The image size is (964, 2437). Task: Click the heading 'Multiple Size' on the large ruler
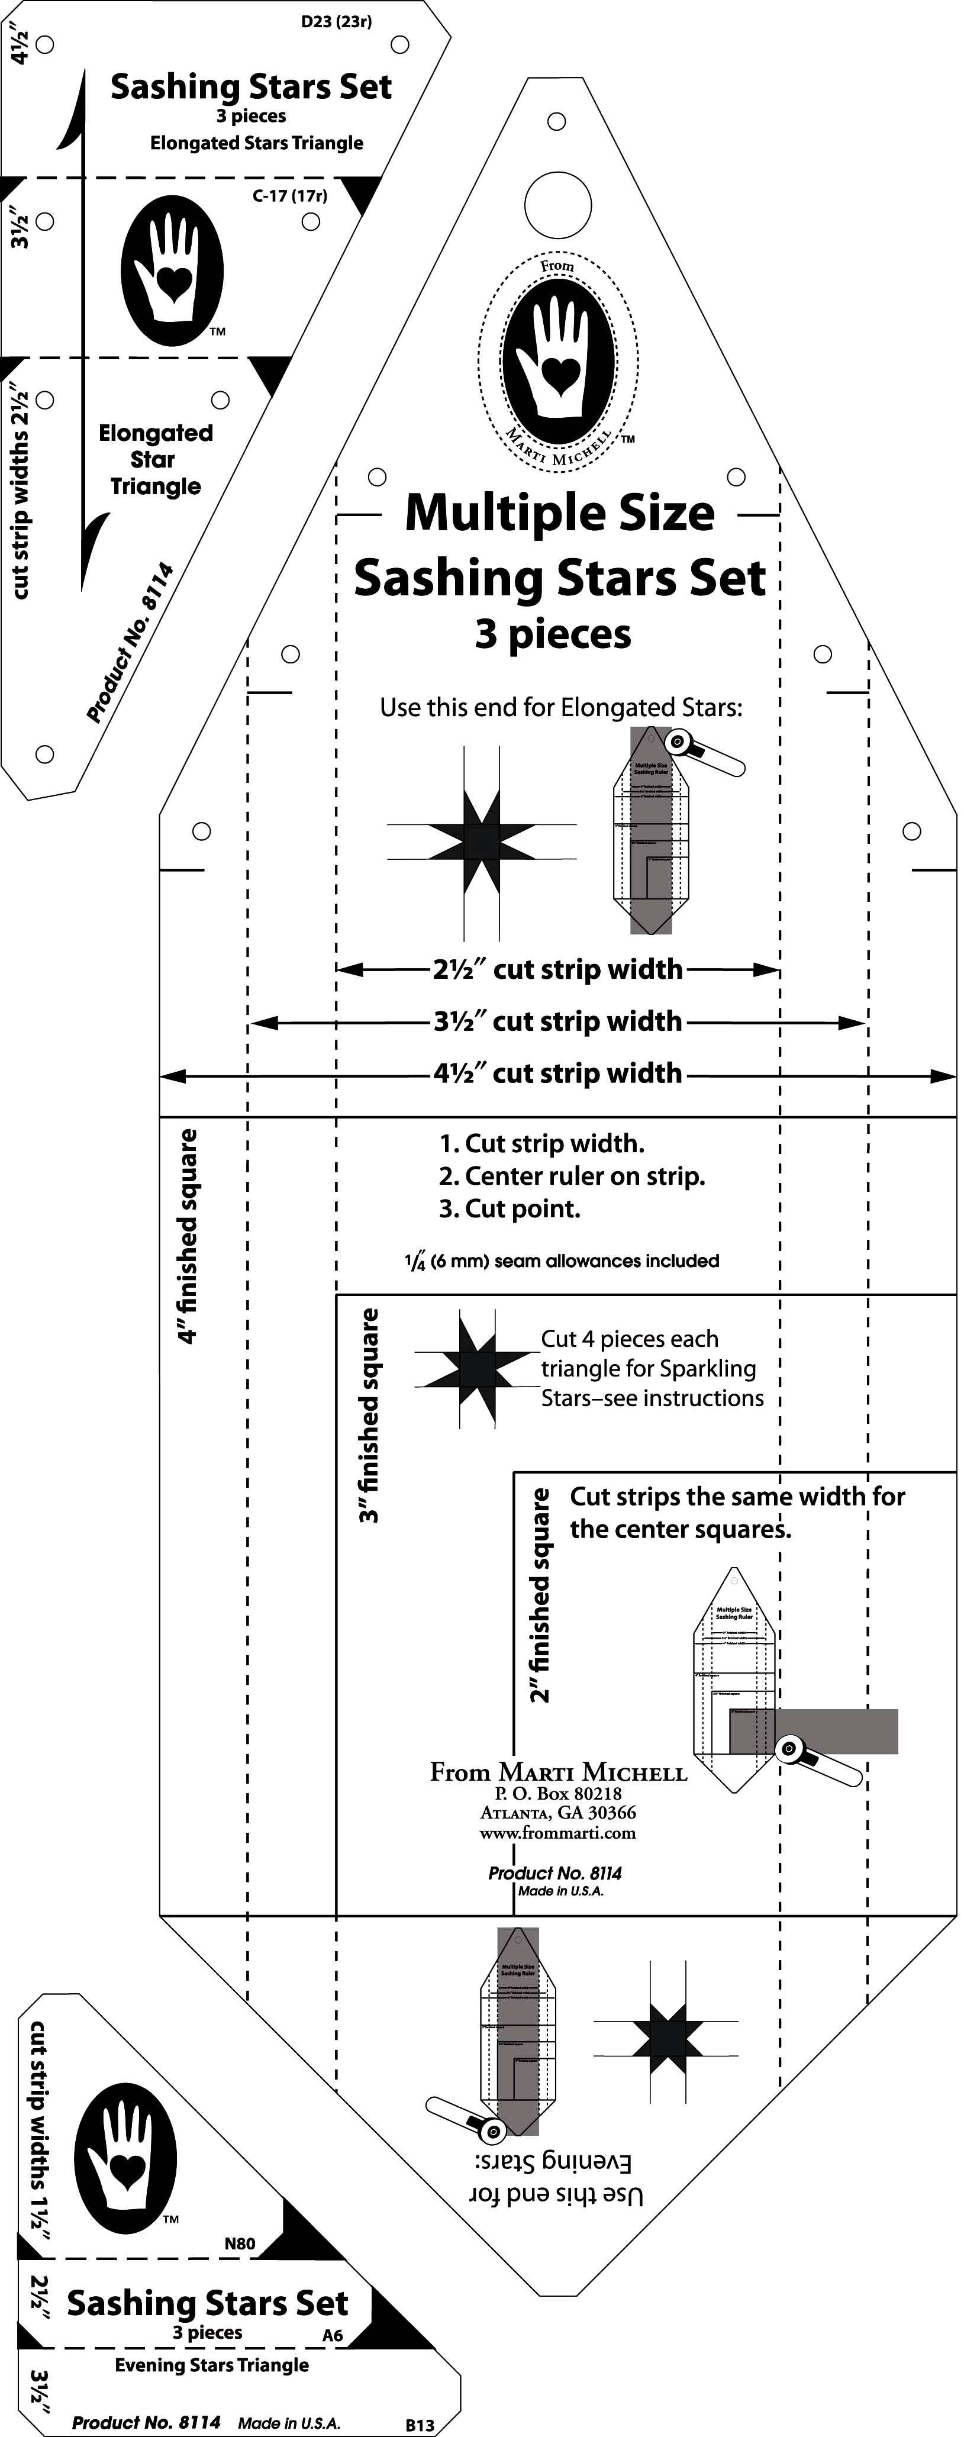coord(559,514)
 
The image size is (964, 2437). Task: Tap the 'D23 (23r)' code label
coord(336,21)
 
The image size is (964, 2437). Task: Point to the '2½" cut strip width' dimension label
coord(557,970)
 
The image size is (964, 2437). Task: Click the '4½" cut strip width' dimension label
coord(557,1074)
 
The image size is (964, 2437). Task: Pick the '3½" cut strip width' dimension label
coord(557,1021)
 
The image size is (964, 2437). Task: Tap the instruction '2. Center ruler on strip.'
coord(572,1176)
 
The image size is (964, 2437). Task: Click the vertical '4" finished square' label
coord(188,1236)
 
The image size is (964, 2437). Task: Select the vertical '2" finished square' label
coord(539,1594)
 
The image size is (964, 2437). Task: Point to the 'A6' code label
coord(332,2335)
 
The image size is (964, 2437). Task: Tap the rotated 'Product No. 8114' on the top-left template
coord(130,642)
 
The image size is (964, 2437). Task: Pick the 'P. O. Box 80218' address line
coord(558,1793)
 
